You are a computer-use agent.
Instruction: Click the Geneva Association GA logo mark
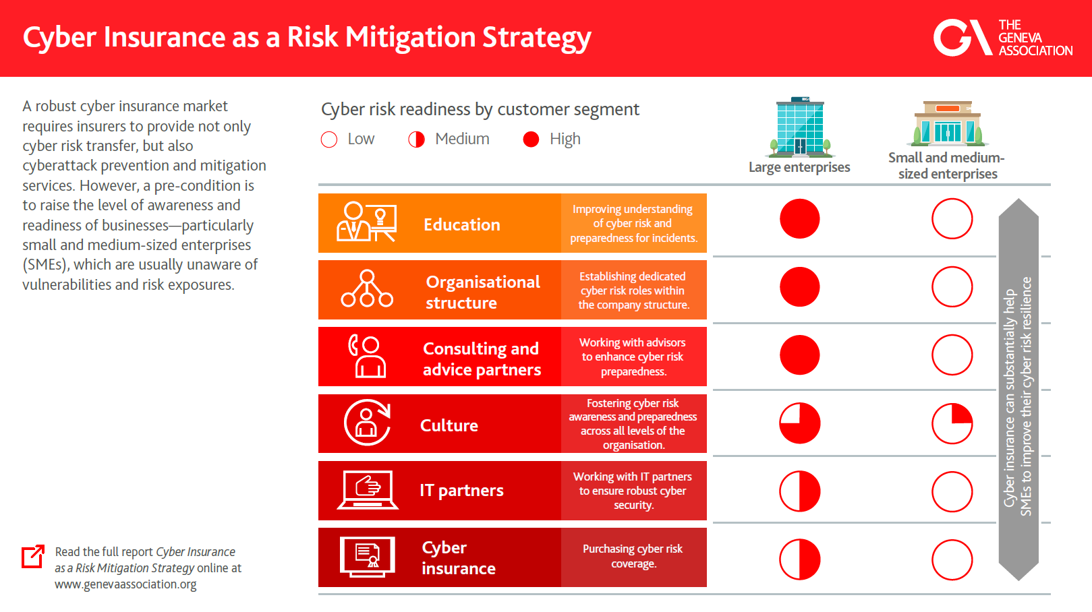pyautogui.click(x=953, y=38)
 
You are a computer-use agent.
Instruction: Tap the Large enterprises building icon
pyautogui.click(x=800, y=127)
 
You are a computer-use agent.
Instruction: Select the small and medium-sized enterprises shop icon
pyautogui.click(x=948, y=123)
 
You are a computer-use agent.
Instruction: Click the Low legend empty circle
pyautogui.click(x=329, y=140)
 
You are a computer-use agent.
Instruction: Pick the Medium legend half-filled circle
pyautogui.click(x=417, y=140)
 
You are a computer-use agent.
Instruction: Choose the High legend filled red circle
pyautogui.click(x=531, y=140)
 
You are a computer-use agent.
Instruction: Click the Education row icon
pyautogui.click(x=366, y=222)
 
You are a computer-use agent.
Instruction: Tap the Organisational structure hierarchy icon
pyautogui.click(x=367, y=289)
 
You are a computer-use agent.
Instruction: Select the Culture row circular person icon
pyautogui.click(x=367, y=423)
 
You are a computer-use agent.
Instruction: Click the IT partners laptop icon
pyautogui.click(x=368, y=490)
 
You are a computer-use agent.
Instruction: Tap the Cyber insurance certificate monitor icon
pyautogui.click(x=368, y=557)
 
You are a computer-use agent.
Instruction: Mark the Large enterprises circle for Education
pyautogui.click(x=800, y=219)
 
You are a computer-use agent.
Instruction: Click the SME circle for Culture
pyautogui.click(x=952, y=423)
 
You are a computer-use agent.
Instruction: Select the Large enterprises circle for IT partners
pyautogui.click(x=800, y=491)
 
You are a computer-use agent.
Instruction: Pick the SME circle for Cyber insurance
pyautogui.click(x=952, y=559)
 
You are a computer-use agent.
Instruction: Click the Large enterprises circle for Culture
pyautogui.click(x=800, y=423)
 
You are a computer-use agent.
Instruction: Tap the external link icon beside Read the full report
pyautogui.click(x=33, y=556)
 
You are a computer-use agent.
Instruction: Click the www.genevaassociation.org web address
pyautogui.click(x=125, y=584)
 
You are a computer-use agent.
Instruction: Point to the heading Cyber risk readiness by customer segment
pyautogui.click(x=480, y=109)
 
